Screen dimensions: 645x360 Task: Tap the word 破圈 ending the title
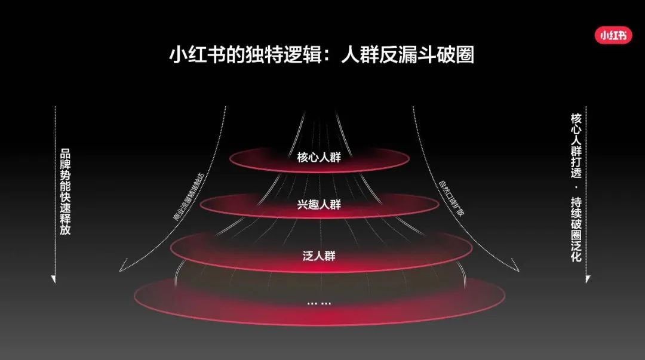coord(459,56)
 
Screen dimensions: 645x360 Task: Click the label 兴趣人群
coord(320,205)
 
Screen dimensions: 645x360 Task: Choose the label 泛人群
coord(320,256)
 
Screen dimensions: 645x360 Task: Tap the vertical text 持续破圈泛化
coord(576,230)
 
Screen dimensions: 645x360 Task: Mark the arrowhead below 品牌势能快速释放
coord(54,279)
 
